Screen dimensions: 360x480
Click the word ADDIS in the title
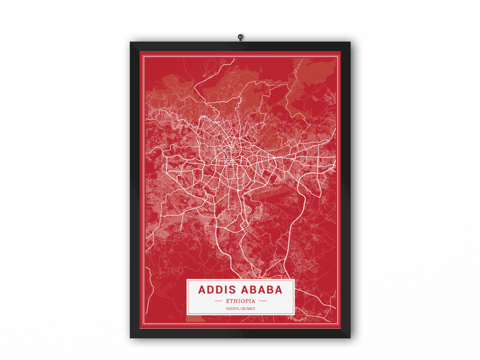point(217,290)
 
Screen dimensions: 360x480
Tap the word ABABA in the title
point(261,290)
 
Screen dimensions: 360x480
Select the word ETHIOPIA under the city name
point(240,301)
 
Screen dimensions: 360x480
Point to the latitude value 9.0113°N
point(233,309)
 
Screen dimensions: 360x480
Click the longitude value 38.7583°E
point(248,309)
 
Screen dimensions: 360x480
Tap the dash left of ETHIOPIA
point(218,301)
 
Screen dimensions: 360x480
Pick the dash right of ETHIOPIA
point(263,301)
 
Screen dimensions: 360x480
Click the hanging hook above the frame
point(240,37)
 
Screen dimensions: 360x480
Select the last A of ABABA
point(278,290)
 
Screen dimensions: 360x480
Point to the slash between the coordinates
point(240,309)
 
